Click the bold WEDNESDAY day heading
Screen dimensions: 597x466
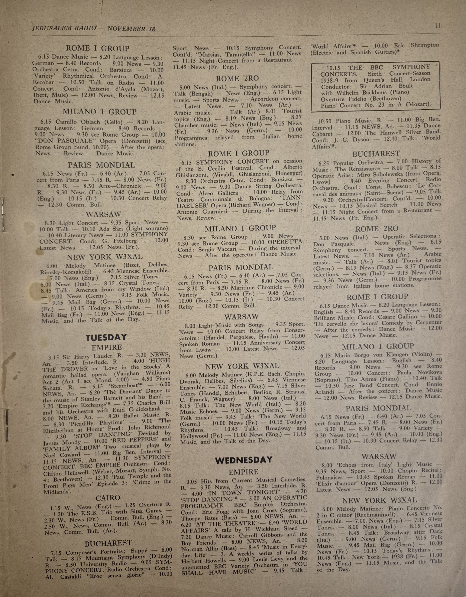[244, 460]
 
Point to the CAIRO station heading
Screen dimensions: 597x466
[108, 497]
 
